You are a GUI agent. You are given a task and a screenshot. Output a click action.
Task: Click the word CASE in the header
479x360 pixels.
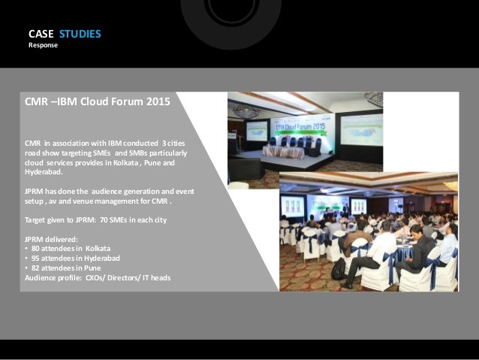point(41,34)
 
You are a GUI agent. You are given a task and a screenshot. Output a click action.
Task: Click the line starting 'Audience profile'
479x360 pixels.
point(98,277)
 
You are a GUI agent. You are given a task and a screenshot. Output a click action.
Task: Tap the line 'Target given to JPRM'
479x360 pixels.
point(93,221)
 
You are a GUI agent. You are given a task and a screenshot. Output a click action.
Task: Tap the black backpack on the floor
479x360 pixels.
point(339,268)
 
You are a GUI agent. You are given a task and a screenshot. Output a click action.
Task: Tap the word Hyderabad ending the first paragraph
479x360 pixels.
point(44,172)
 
